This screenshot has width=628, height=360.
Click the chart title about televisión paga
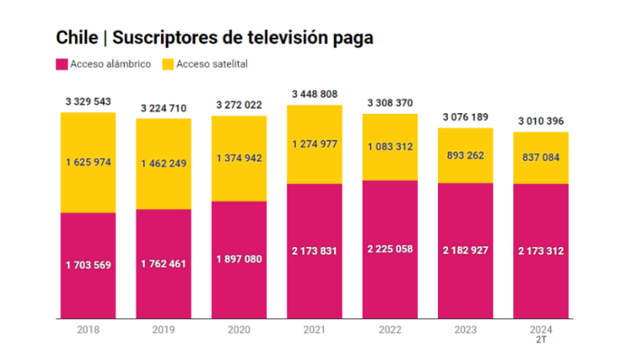214,38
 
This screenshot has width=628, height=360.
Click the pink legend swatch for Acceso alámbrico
62,64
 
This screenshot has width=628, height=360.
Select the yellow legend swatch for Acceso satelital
167,64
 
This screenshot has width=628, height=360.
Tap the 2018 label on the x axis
88,330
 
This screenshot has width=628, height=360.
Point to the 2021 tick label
314,330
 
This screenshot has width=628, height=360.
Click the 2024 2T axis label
541,334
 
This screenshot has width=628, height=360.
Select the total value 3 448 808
315,93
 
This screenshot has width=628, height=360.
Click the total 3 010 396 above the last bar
541,121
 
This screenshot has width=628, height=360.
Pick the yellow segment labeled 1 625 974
88,162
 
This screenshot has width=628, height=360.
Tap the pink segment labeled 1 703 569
88,265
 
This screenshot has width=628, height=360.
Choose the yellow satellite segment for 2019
163,163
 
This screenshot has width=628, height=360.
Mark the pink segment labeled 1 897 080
239,260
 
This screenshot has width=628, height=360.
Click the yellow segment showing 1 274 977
315,144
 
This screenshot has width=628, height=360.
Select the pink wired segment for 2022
390,249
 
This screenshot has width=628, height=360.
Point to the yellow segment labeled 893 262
466,156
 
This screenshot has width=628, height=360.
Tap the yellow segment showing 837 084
541,157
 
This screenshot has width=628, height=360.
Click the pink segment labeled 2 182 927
466,250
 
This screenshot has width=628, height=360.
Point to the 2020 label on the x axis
239,330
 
